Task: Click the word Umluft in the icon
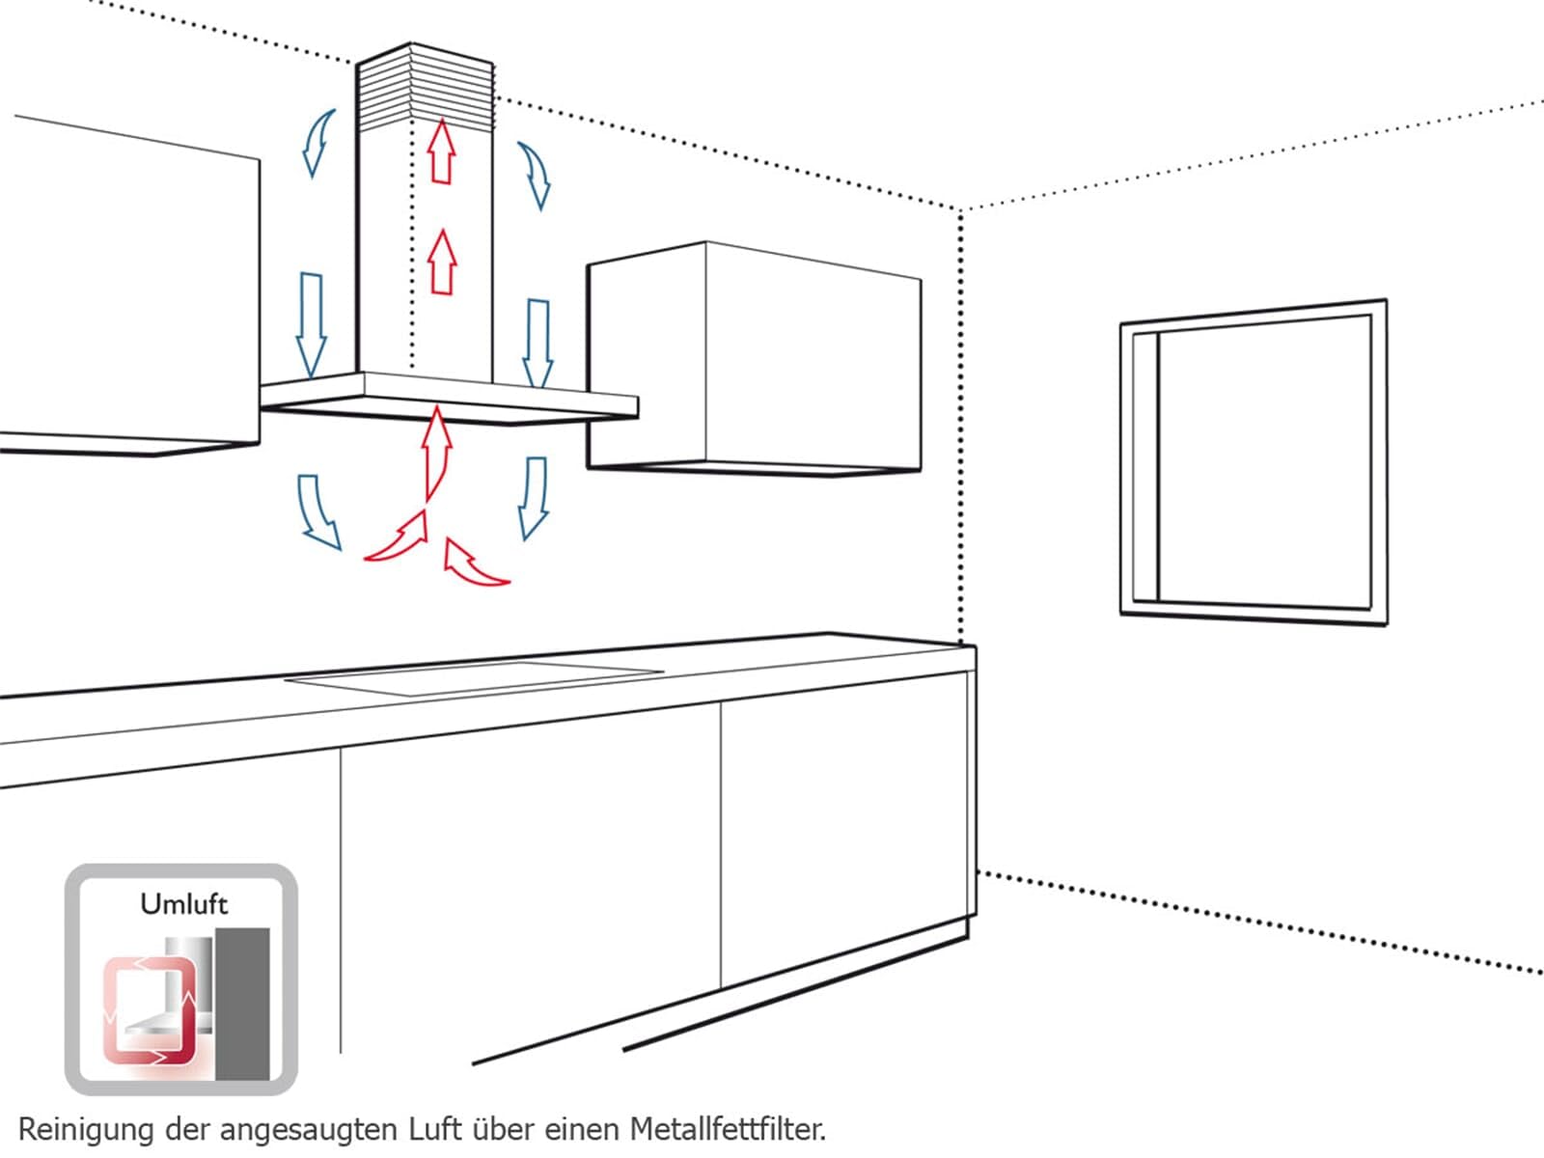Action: pos(183,903)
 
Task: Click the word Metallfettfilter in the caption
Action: pos(728,1129)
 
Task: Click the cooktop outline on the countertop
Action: pos(474,677)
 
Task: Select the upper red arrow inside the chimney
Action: pos(442,152)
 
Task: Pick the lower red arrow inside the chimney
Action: pos(442,262)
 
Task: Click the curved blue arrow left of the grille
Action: pos(317,143)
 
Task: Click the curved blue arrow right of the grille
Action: pos(536,175)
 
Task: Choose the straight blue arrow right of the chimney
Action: pos(538,344)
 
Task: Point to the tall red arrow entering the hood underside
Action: pos(437,454)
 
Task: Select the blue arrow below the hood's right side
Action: pos(534,499)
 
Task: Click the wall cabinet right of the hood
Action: pos(754,359)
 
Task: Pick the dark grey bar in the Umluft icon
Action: pos(242,1004)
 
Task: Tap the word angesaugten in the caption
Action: pos(307,1131)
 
